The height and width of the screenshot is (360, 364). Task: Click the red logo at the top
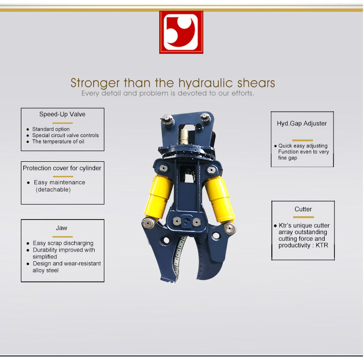pos(181,32)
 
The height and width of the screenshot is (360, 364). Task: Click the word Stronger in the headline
pos(95,83)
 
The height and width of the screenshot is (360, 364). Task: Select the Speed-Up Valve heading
pos(62,114)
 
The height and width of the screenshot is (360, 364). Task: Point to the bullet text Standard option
pos(51,129)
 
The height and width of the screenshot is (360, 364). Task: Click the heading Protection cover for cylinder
pos(62,168)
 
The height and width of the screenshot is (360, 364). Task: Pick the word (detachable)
pos(53,189)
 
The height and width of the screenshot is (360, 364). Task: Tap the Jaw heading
pos(62,228)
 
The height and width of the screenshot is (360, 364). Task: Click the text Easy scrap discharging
pos(63,243)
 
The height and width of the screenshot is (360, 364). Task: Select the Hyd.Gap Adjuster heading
pos(302,123)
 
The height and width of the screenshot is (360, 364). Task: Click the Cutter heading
pos(303,209)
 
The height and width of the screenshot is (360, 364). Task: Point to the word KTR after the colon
pos(322,245)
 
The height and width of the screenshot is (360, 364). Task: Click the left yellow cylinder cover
pos(158,197)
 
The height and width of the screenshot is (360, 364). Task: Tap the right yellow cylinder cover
pos(220,199)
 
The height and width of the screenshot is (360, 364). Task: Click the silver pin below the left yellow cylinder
pos(148,223)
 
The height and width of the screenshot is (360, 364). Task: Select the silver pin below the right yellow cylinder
pos(230,228)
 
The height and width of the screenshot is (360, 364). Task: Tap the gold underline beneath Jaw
pos(63,237)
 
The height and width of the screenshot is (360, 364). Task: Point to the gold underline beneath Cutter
pos(303,217)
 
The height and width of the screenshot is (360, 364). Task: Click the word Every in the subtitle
pos(91,93)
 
